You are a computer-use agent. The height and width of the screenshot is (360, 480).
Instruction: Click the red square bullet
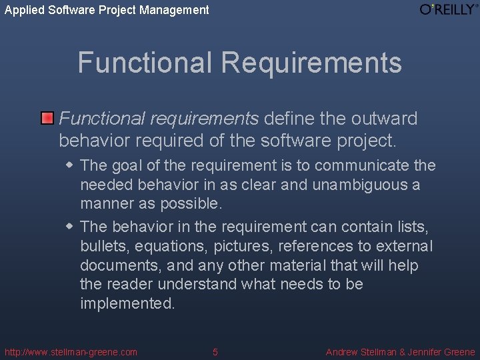(47, 119)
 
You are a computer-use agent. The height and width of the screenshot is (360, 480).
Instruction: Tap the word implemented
(126, 303)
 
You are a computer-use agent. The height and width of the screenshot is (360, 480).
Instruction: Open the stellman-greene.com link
(71, 352)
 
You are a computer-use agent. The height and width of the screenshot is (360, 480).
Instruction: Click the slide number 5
(215, 352)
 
